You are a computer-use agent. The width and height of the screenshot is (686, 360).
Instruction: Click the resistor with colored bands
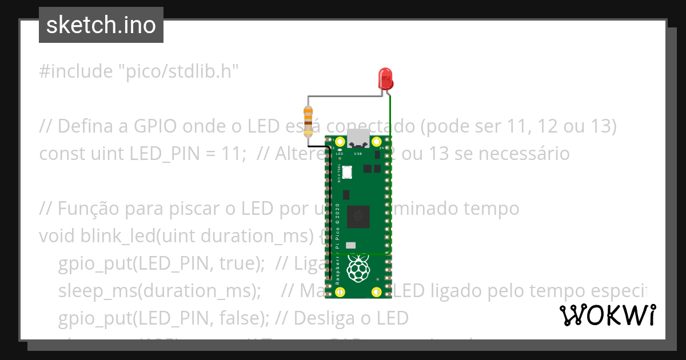[x=308, y=121]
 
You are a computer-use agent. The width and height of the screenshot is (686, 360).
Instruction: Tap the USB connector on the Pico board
[x=359, y=139]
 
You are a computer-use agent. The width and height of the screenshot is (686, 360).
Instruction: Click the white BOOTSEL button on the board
[x=346, y=173]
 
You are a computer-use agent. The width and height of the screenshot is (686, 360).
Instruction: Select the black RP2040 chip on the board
[x=359, y=215]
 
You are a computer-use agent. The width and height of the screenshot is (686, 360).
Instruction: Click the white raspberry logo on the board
[x=358, y=268]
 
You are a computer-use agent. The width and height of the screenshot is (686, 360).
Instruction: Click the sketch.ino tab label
[x=101, y=26]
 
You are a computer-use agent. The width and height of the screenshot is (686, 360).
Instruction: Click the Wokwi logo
[x=607, y=315]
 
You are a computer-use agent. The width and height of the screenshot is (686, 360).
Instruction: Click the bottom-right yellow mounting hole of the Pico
[x=377, y=292]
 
